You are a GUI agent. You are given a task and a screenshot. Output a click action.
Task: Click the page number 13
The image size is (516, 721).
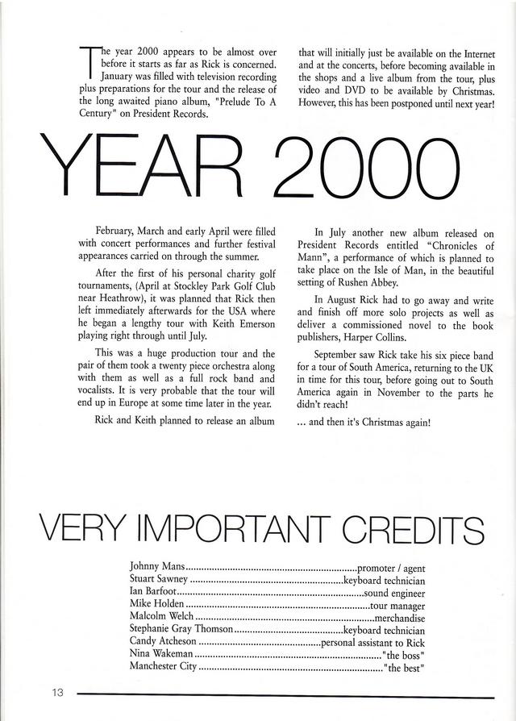click(57, 693)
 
